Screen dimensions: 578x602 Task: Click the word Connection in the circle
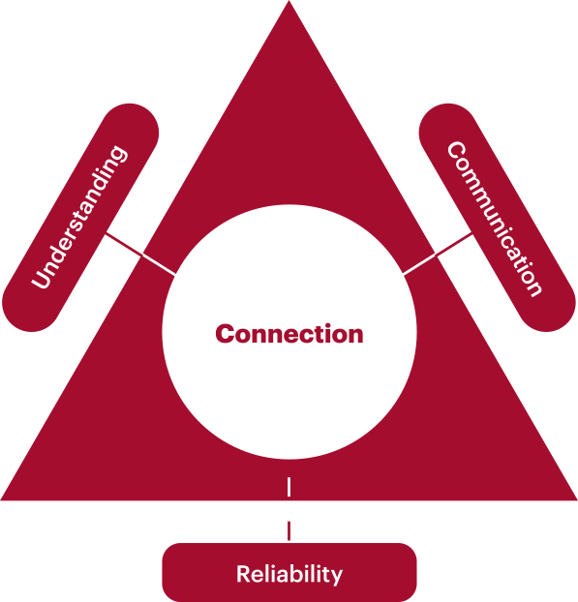pyautogui.click(x=289, y=334)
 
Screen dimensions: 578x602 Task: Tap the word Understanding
pyautogui.click(x=79, y=217)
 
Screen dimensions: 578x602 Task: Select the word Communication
pyautogui.click(x=495, y=219)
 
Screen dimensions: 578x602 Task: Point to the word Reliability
pyautogui.click(x=289, y=574)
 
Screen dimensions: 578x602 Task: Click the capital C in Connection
pyautogui.click(x=226, y=334)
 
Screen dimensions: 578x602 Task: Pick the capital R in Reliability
pyautogui.click(x=243, y=574)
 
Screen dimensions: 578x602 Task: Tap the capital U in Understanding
pyautogui.click(x=43, y=276)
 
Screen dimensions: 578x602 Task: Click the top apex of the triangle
pyautogui.click(x=289, y=1)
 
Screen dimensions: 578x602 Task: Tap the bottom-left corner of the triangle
pyautogui.click(x=1, y=499)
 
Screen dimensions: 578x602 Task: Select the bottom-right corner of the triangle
pyautogui.click(x=577, y=499)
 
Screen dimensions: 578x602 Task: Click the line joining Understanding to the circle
pyautogui.click(x=140, y=254)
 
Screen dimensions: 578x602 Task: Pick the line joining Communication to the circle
pyautogui.click(x=438, y=254)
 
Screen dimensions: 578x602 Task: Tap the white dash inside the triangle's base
pyautogui.click(x=289, y=487)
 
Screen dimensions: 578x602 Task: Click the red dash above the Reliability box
pyautogui.click(x=289, y=530)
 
